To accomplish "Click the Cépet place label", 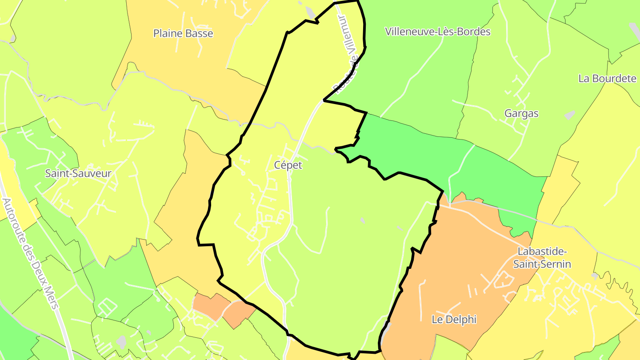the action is click(x=288, y=165).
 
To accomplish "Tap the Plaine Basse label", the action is click(x=183, y=33).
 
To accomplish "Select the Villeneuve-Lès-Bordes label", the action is click(x=438, y=32).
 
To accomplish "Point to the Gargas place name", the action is click(x=521, y=113).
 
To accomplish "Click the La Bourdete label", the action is click(x=607, y=79).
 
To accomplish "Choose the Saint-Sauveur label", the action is click(x=78, y=173).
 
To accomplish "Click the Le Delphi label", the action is click(x=454, y=320).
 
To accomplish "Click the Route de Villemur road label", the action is click(x=347, y=56).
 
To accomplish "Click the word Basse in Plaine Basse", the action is click(x=199, y=33).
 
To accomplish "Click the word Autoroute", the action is click(x=12, y=218).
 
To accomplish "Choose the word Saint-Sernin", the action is click(x=542, y=264).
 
